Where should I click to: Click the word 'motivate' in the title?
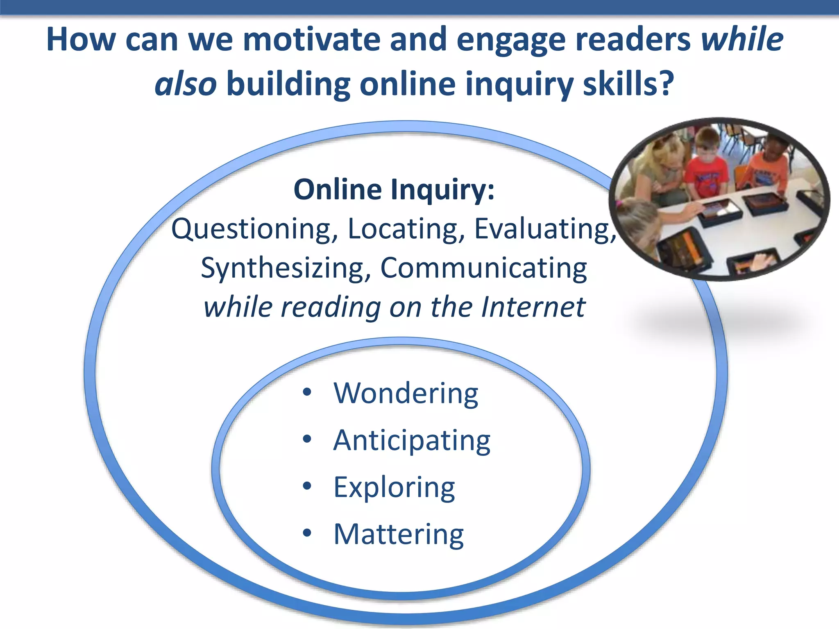tap(311, 40)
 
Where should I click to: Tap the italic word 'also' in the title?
tap(186, 84)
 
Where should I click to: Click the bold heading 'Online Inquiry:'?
tap(394, 190)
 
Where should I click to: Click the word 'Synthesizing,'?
tap(286, 268)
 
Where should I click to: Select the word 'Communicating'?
tap(484, 268)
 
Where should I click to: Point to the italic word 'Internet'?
tap(533, 307)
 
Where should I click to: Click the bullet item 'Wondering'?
tap(406, 393)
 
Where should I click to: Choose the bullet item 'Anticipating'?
tap(412, 441)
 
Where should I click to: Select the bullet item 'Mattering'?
tap(399, 534)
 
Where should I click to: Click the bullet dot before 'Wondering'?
tap(307, 392)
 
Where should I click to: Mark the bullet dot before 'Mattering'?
tap(307, 533)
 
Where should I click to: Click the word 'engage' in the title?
tap(511, 40)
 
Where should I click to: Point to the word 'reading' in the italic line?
tap(331, 307)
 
